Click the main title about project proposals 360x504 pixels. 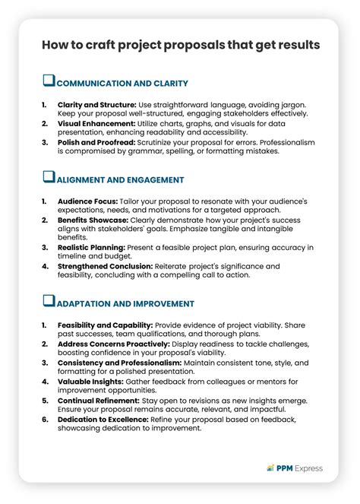[180, 46]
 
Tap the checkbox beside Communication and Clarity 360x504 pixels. [49, 81]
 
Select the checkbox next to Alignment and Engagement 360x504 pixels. [49, 178]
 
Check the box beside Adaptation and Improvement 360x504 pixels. [49, 302]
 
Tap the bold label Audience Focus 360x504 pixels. [87, 201]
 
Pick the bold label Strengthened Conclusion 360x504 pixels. [106, 267]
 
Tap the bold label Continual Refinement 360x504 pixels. [97, 400]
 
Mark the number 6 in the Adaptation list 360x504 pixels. [45, 419]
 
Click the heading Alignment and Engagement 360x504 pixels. [121, 180]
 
